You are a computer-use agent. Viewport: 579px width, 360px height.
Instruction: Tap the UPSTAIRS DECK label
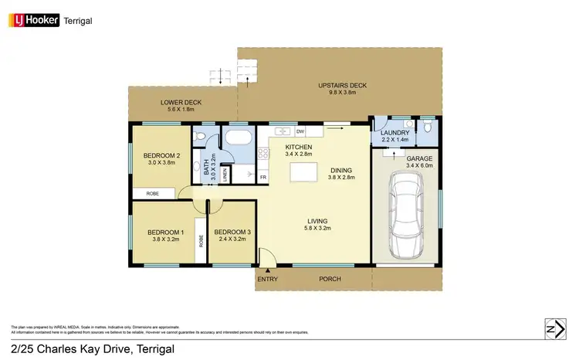coord(341,85)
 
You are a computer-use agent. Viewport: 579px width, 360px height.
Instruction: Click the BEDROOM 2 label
coord(161,155)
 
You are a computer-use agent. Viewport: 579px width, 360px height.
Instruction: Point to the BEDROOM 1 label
coord(166,233)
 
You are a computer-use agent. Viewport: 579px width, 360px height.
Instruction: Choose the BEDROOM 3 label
coord(232,233)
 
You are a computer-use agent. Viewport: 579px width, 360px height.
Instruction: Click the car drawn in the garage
coord(405,216)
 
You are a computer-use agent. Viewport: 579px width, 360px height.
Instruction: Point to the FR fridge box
coord(263,177)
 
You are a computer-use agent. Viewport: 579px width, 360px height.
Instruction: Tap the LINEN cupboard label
coord(224,176)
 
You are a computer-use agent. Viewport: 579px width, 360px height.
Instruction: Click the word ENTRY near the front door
coord(267,279)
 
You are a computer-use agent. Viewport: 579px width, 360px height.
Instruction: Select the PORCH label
coord(330,279)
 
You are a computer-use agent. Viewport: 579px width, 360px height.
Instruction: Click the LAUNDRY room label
coord(394,134)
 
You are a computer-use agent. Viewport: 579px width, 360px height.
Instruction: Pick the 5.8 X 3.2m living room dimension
coord(317,229)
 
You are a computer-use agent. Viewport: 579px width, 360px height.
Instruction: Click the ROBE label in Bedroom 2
coord(153,194)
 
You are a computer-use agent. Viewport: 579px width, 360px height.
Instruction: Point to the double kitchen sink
coord(283,131)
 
